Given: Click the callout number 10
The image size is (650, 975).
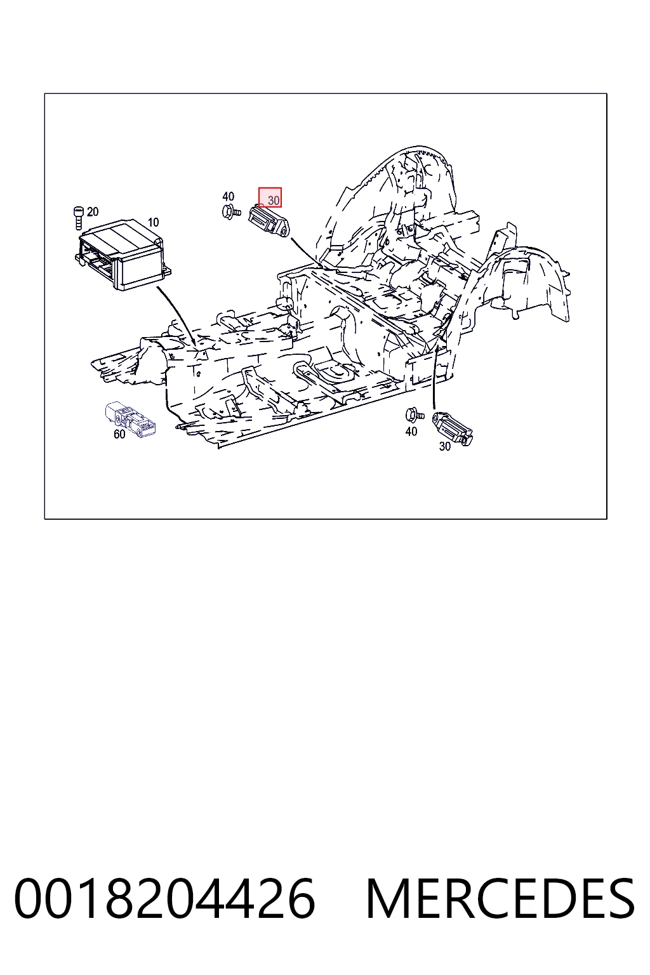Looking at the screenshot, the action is click(153, 222).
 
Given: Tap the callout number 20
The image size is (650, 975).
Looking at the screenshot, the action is click(93, 212).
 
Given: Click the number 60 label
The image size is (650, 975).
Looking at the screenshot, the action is click(119, 434).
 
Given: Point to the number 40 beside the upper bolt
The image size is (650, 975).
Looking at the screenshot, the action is click(228, 197).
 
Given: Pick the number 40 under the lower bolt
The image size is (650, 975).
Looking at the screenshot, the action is click(411, 432).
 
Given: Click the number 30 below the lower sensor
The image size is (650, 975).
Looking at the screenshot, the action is click(444, 447).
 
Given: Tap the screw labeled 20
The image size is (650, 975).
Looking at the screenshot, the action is click(78, 218).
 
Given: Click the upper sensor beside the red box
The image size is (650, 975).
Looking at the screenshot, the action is click(269, 221).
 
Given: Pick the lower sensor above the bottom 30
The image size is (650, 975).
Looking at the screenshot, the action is click(453, 428).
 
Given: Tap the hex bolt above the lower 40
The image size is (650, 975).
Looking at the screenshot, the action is click(414, 415).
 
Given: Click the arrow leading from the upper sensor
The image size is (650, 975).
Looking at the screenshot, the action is click(307, 253).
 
